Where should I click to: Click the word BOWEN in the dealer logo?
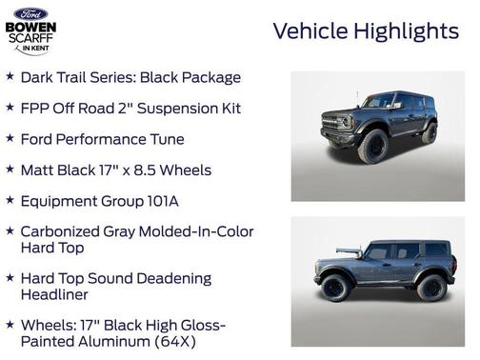30,29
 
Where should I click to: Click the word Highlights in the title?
406,30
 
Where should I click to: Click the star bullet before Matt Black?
10,170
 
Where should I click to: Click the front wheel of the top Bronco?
372,147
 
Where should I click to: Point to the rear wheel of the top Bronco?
430,134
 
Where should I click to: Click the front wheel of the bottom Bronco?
335,286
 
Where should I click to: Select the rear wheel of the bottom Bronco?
430,286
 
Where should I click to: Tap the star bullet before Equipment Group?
10,201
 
